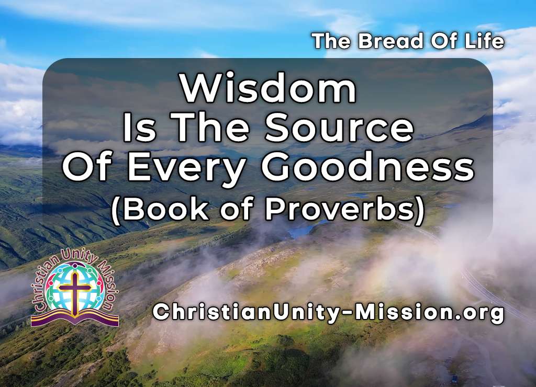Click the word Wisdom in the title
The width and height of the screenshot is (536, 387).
269,89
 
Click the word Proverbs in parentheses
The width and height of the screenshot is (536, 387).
343,209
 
